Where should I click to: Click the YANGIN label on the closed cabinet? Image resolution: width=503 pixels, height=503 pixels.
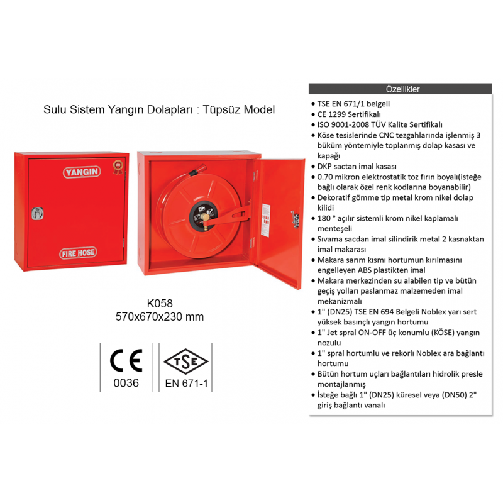point(82,172)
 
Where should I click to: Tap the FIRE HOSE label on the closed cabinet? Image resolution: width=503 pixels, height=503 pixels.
point(78,253)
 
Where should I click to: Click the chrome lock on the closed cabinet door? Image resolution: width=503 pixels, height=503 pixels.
point(38,213)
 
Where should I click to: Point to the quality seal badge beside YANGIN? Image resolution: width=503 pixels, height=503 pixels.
point(118,167)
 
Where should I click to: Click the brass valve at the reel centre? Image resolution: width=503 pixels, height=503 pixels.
point(205,220)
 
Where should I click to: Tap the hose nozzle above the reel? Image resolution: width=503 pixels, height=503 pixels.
point(197,170)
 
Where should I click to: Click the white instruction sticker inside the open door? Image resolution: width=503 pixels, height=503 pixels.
point(266,220)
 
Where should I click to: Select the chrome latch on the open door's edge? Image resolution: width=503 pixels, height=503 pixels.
point(295,219)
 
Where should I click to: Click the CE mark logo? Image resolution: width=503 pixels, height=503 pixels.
point(126,360)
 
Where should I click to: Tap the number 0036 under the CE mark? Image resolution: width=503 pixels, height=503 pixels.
point(126,383)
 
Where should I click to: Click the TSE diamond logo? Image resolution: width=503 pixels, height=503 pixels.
point(185,361)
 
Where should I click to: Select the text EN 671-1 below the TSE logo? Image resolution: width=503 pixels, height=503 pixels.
point(186,384)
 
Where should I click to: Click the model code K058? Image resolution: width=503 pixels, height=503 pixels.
point(160,303)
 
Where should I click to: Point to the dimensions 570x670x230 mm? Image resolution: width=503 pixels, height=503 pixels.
point(160,317)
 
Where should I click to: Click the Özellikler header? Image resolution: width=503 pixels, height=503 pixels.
point(402,89)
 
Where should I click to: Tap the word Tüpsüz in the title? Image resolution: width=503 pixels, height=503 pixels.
point(222,109)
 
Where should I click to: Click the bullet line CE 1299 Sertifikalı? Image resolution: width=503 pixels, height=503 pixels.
point(349,114)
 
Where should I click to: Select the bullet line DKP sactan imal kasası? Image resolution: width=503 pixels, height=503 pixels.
point(357,166)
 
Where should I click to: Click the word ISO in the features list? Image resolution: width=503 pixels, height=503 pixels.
point(323,124)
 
